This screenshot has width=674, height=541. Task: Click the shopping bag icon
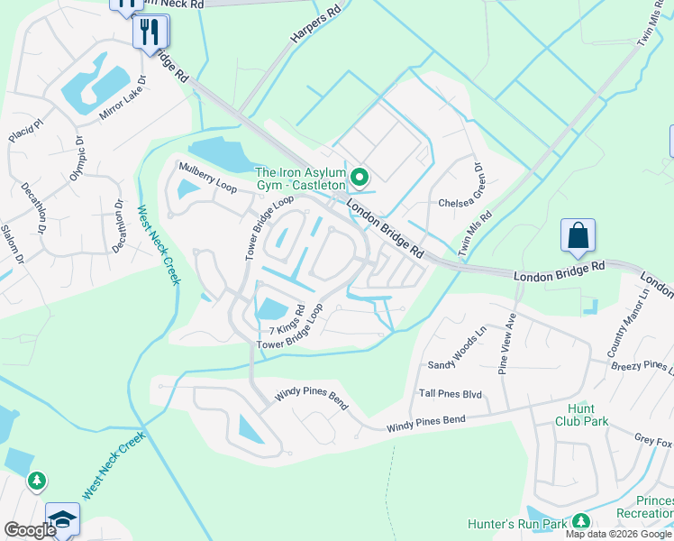pyautogui.click(x=578, y=236)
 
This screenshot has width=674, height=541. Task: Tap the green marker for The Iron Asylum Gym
pyautogui.click(x=360, y=177)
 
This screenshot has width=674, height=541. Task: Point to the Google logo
pyautogui.click(x=30, y=530)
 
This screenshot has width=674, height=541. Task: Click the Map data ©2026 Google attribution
pyautogui.click(x=618, y=534)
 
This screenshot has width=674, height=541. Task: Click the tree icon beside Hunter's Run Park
pyautogui.click(x=581, y=521)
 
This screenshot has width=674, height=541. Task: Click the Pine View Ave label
pyautogui.click(x=505, y=344)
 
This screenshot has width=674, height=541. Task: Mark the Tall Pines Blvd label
pyautogui.click(x=451, y=394)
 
